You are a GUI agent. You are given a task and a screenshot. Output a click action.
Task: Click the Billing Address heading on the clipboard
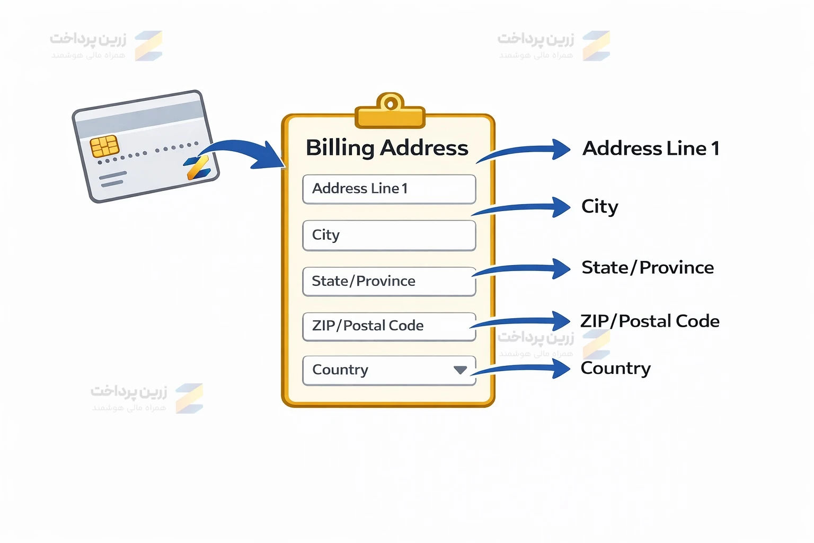[387, 148]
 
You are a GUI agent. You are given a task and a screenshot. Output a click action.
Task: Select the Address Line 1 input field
[389, 189]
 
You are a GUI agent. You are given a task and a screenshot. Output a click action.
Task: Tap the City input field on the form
[389, 235]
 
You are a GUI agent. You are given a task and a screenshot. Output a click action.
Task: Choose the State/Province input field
[389, 281]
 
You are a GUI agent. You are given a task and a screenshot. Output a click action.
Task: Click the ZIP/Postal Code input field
[389, 326]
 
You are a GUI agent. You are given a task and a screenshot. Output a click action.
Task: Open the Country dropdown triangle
[460, 370]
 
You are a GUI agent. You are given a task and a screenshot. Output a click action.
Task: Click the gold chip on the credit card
[104, 146]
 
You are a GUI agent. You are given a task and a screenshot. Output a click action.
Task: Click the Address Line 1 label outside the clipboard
[651, 148]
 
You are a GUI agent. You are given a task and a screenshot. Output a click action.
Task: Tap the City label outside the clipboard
[599, 206]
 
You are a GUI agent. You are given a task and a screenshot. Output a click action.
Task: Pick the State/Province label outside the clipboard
[647, 268]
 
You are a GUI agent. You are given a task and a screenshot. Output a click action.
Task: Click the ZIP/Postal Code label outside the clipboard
[650, 321]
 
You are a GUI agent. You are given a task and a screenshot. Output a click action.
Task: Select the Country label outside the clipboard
[615, 368]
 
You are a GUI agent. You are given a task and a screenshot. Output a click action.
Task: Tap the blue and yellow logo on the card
[198, 168]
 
